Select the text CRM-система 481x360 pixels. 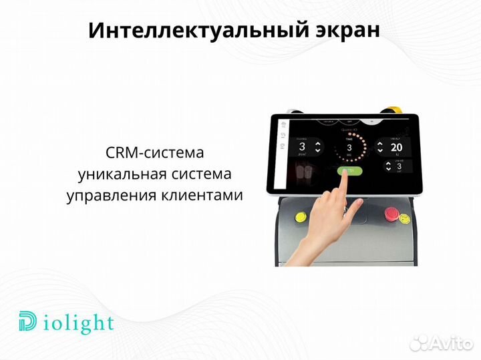pos(154,152)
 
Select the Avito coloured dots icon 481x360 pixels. pos(420,342)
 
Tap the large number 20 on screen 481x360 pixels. pos(396,147)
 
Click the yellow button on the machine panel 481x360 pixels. pos(298,216)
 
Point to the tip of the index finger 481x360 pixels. pos(345,171)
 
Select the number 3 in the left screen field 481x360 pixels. pos(302,146)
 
